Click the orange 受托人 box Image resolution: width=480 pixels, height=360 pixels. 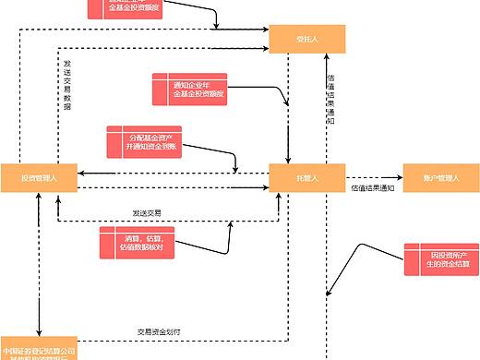tap(307, 40)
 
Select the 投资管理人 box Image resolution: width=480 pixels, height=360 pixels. tap(38, 177)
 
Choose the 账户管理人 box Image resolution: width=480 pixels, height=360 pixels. tap(441, 177)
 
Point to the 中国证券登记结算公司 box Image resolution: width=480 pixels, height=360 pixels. tap(38, 351)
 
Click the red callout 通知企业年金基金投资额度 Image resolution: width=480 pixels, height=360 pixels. tap(189, 88)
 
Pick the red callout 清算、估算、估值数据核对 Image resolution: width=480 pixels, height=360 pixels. tap(137, 242)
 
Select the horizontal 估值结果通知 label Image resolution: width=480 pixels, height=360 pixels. tap(372, 189)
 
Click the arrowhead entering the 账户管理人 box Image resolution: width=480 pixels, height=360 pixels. tap(399, 177)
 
